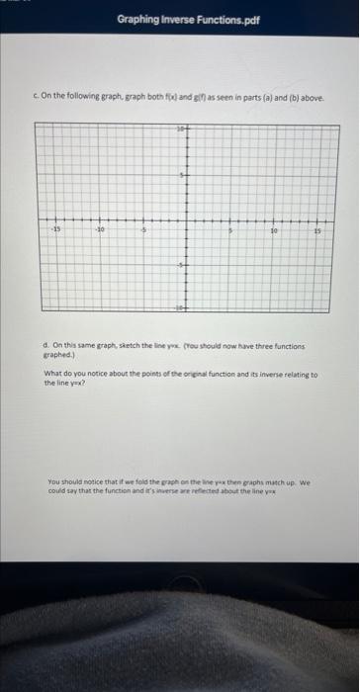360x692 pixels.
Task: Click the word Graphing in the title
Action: [138, 18]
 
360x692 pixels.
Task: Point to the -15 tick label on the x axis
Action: [55, 225]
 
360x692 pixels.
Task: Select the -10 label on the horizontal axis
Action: [101, 226]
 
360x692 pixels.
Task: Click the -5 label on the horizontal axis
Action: [143, 226]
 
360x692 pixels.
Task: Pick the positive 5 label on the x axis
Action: [230, 226]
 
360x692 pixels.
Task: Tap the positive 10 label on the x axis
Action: [273, 226]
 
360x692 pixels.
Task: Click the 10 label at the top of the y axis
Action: [180, 130]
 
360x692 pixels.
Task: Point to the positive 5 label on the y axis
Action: [181, 175]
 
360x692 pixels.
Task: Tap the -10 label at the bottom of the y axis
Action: [180, 309]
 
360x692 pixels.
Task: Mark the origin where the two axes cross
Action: [187, 220]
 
